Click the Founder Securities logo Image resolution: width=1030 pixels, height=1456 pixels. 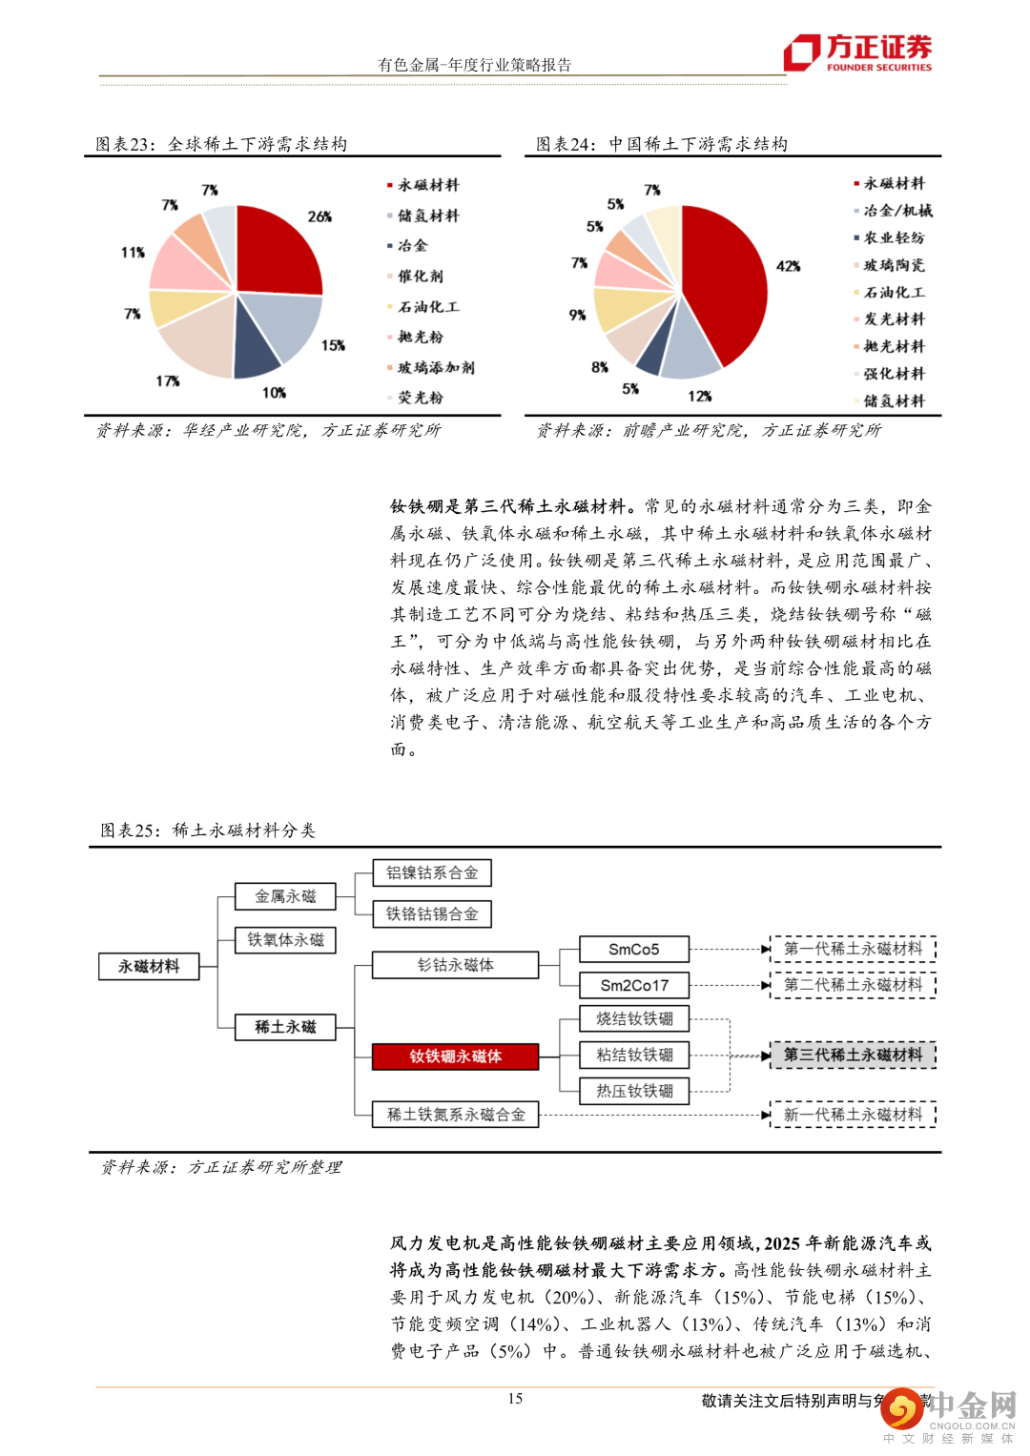[857, 52]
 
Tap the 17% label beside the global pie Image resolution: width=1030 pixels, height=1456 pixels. [168, 381]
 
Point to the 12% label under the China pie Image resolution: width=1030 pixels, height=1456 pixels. [700, 396]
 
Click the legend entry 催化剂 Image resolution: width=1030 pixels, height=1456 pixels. [421, 277]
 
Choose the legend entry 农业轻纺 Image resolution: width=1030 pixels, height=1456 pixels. [894, 238]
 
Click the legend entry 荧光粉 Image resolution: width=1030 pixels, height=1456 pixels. [421, 398]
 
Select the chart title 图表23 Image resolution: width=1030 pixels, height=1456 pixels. [221, 144]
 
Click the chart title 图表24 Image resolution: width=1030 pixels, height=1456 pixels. [662, 144]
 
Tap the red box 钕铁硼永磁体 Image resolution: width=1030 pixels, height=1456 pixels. [455, 1056]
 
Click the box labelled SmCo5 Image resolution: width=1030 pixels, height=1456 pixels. [634, 950]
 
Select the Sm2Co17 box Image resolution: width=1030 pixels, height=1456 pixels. [634, 985]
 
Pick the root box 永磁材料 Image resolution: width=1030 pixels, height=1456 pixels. [149, 967]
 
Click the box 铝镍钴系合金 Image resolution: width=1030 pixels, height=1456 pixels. [432, 872]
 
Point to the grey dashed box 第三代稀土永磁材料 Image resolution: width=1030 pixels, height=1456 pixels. [853, 1055]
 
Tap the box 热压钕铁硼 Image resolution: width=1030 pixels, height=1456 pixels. [634, 1091]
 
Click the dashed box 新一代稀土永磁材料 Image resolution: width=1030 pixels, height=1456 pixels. [853, 1115]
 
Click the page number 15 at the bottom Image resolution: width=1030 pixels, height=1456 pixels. [515, 1399]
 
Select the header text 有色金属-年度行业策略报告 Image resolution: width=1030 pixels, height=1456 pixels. [475, 65]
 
